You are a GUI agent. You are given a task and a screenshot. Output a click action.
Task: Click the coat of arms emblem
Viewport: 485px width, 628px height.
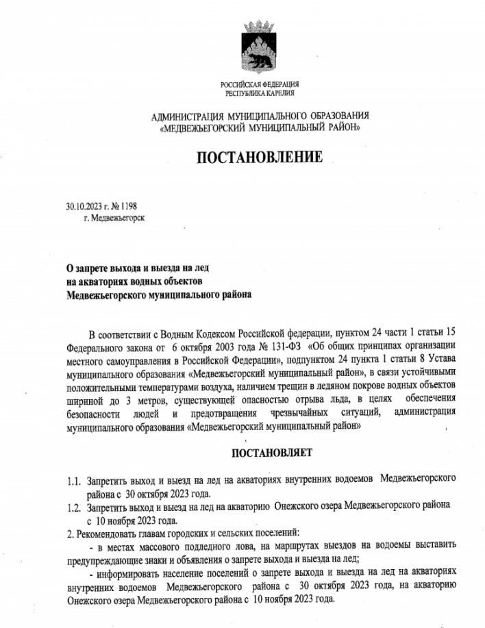259,49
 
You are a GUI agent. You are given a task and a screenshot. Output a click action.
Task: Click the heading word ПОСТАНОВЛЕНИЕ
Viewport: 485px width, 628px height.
259,158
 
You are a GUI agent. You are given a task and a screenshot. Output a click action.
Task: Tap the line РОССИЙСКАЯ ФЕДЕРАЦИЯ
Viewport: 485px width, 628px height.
260,84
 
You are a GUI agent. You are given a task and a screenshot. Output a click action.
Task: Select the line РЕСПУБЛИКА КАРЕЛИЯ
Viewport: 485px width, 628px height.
260,92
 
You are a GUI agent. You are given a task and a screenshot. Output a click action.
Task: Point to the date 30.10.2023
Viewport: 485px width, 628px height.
84,205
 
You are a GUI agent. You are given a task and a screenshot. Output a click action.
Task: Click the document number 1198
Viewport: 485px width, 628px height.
128,205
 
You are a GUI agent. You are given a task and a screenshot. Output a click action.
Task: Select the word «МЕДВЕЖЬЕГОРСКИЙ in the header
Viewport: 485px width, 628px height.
206,127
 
